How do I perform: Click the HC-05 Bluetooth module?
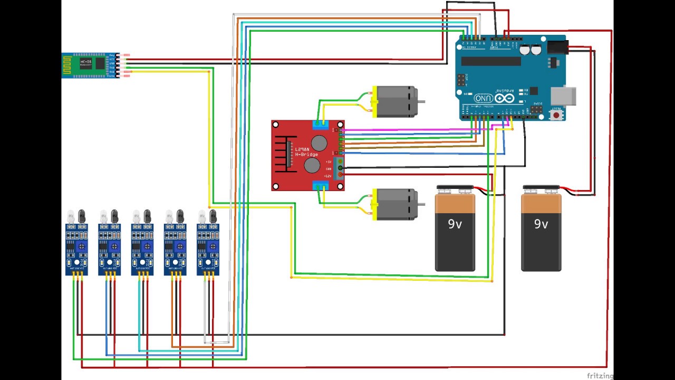click(x=89, y=65)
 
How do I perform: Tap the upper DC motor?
click(x=396, y=101)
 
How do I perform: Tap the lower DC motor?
click(x=396, y=204)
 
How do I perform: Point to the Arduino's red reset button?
click(x=556, y=114)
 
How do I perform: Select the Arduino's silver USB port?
click(x=563, y=96)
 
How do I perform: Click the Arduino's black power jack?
click(x=557, y=47)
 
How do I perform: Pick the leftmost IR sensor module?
click(x=76, y=248)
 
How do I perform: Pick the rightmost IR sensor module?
click(x=208, y=248)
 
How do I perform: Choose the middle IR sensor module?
click(x=142, y=248)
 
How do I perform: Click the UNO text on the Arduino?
click(x=484, y=98)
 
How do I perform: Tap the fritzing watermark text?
click(x=600, y=376)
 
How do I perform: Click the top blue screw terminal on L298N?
click(x=320, y=125)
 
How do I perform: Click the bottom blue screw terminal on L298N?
click(x=320, y=185)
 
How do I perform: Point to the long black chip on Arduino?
click(x=491, y=61)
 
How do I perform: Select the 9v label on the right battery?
click(x=541, y=224)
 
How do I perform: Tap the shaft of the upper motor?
click(x=421, y=101)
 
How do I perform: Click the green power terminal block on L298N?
click(x=340, y=168)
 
